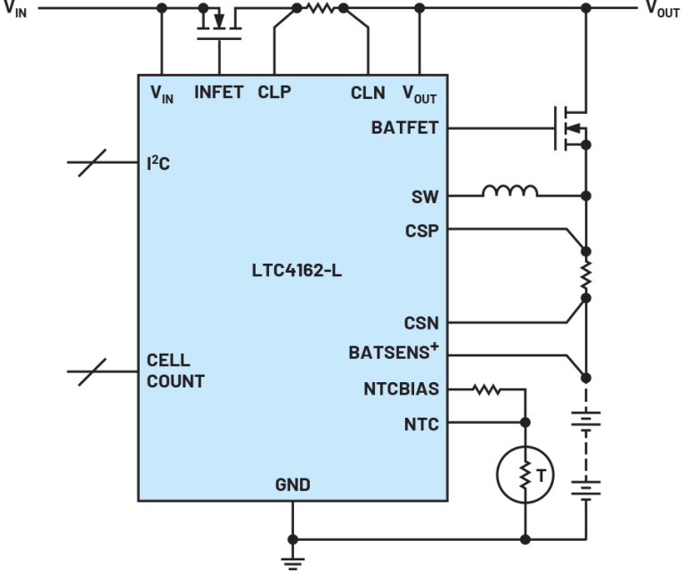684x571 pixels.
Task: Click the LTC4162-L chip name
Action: [x=297, y=271]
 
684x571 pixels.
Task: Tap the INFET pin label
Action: [x=219, y=93]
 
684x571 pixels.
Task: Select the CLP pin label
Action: [x=274, y=93]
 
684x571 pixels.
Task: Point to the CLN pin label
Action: [x=368, y=94]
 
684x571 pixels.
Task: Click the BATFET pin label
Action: [x=404, y=128]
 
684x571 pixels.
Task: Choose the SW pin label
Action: [x=425, y=197]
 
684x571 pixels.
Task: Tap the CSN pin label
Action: [x=422, y=322]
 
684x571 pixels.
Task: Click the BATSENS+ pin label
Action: [x=394, y=354]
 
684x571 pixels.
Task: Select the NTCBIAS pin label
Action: [x=401, y=388]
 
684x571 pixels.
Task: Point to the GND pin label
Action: [x=293, y=485]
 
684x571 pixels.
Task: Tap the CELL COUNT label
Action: [x=175, y=372]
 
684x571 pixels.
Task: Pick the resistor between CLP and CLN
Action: [x=319, y=9]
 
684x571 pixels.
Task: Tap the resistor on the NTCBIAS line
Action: [x=487, y=388]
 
